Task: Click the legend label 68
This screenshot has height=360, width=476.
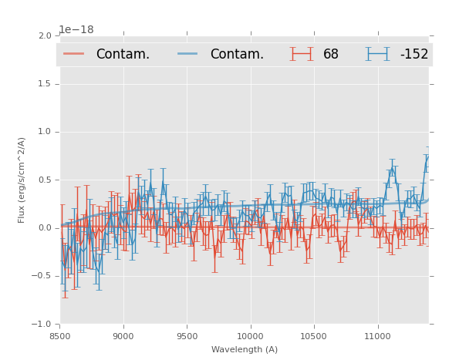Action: click(x=331, y=55)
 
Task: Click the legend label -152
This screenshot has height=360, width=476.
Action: click(x=414, y=55)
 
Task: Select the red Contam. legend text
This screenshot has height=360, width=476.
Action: click(x=123, y=55)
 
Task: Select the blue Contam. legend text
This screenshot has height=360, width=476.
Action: click(x=237, y=55)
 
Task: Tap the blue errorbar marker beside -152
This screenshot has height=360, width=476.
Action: click(x=377, y=54)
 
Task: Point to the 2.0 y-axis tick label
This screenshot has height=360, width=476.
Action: click(x=45, y=36)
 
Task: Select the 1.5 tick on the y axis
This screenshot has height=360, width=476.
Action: click(x=45, y=84)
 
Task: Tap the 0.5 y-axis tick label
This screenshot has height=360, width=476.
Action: click(x=45, y=180)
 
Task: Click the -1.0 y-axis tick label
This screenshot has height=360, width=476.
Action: click(x=42, y=325)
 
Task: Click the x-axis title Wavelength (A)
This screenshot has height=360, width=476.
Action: click(x=245, y=350)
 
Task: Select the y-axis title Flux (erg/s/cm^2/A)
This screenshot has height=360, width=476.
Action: click(x=22, y=180)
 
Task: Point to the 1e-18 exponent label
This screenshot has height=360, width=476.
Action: click(x=76, y=30)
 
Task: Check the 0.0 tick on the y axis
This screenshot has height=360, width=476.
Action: click(x=45, y=228)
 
